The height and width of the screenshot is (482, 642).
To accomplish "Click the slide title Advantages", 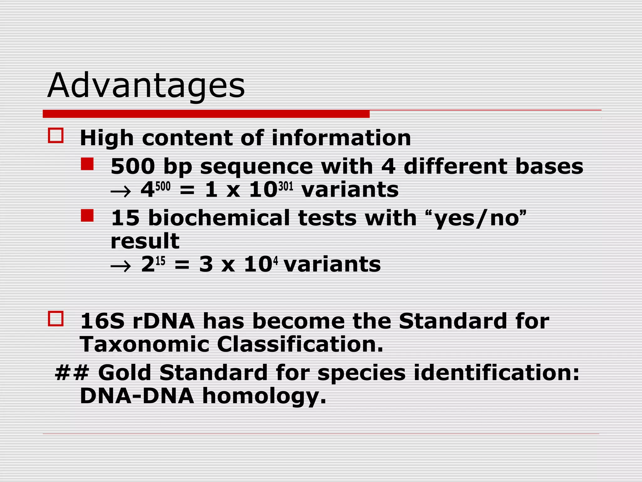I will [146, 85].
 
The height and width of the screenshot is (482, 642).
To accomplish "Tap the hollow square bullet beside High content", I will [56, 136].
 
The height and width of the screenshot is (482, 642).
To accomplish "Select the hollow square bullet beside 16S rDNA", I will [56, 319].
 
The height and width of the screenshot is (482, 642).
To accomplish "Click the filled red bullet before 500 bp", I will [87, 164].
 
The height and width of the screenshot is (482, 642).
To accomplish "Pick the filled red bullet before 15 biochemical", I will [87, 216].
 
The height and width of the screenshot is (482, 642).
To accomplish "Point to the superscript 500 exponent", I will [163, 186].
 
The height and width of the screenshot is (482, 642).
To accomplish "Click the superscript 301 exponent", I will [286, 186].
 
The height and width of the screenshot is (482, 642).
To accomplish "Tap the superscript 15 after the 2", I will [160, 261].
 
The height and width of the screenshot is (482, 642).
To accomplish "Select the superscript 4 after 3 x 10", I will [276, 261].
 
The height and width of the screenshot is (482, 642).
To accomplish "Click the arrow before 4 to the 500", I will [121, 191].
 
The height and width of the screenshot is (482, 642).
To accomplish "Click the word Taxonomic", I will [145, 344].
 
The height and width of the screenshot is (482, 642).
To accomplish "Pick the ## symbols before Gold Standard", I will [72, 372].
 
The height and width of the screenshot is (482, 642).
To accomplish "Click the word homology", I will [264, 396].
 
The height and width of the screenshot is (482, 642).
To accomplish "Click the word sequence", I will [256, 166].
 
